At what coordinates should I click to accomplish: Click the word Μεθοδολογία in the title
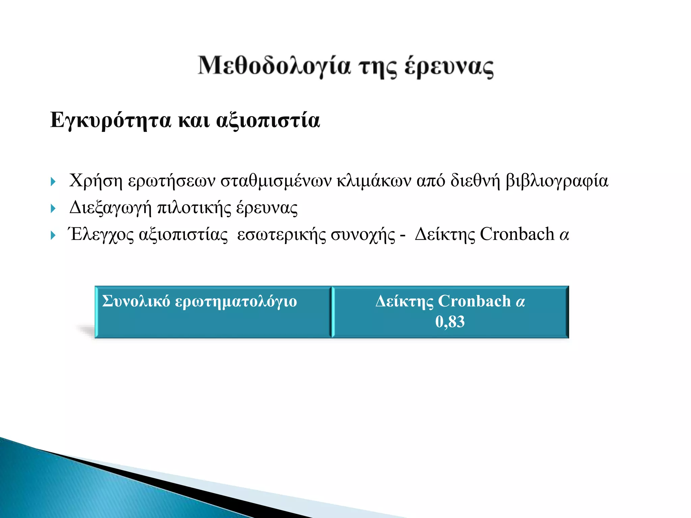(x=274, y=66)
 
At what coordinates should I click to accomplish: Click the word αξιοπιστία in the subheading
(x=268, y=121)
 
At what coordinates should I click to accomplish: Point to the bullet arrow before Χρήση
(x=53, y=182)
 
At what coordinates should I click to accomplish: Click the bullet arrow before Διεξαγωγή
(x=53, y=209)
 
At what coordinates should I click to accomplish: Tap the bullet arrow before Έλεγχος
(x=53, y=235)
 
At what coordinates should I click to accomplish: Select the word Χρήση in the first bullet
(x=95, y=181)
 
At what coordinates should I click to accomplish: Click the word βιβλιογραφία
(x=557, y=181)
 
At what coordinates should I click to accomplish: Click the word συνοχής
(x=363, y=235)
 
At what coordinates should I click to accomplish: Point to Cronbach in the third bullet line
(x=517, y=234)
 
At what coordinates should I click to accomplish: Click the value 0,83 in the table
(x=450, y=322)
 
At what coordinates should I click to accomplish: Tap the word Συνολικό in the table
(x=136, y=301)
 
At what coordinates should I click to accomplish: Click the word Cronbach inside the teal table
(x=474, y=301)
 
